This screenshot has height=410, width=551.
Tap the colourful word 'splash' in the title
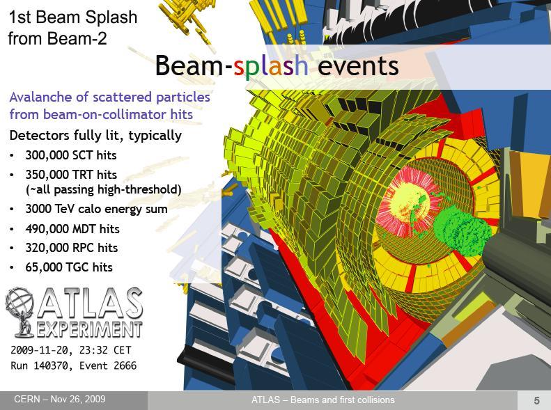click(x=270, y=65)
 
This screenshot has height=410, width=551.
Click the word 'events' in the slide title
click(x=358, y=65)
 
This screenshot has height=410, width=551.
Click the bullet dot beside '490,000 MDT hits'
click(x=13, y=230)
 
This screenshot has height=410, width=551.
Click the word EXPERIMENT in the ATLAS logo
click(x=90, y=329)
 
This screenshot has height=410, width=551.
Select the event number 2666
click(x=125, y=365)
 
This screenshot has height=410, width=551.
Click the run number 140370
click(x=53, y=365)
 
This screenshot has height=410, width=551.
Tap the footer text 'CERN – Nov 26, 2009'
click(x=60, y=399)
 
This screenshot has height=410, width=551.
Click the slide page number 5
click(x=536, y=400)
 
